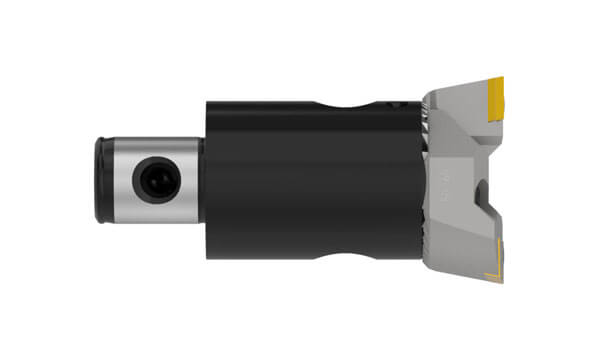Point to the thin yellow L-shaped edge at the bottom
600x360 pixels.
tap(488, 272)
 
